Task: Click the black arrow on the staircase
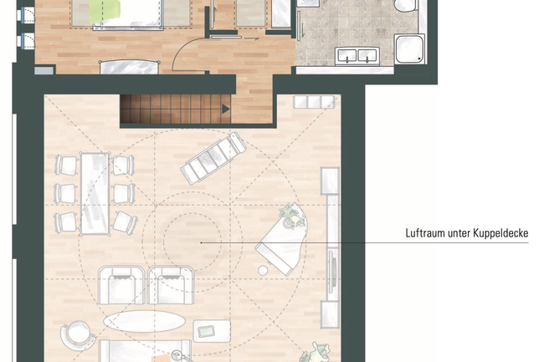226,109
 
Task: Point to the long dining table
95,194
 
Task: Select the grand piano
283,239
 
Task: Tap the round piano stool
263,271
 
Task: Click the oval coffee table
144,321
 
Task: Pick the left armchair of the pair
121,285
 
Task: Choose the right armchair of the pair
171,285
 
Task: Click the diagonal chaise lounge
213,158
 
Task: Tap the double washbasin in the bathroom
357,56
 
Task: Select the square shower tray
410,48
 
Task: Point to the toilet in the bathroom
406,5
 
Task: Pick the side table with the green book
212,331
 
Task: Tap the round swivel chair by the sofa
78,335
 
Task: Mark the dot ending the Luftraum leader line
201,242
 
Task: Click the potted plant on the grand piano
290,217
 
